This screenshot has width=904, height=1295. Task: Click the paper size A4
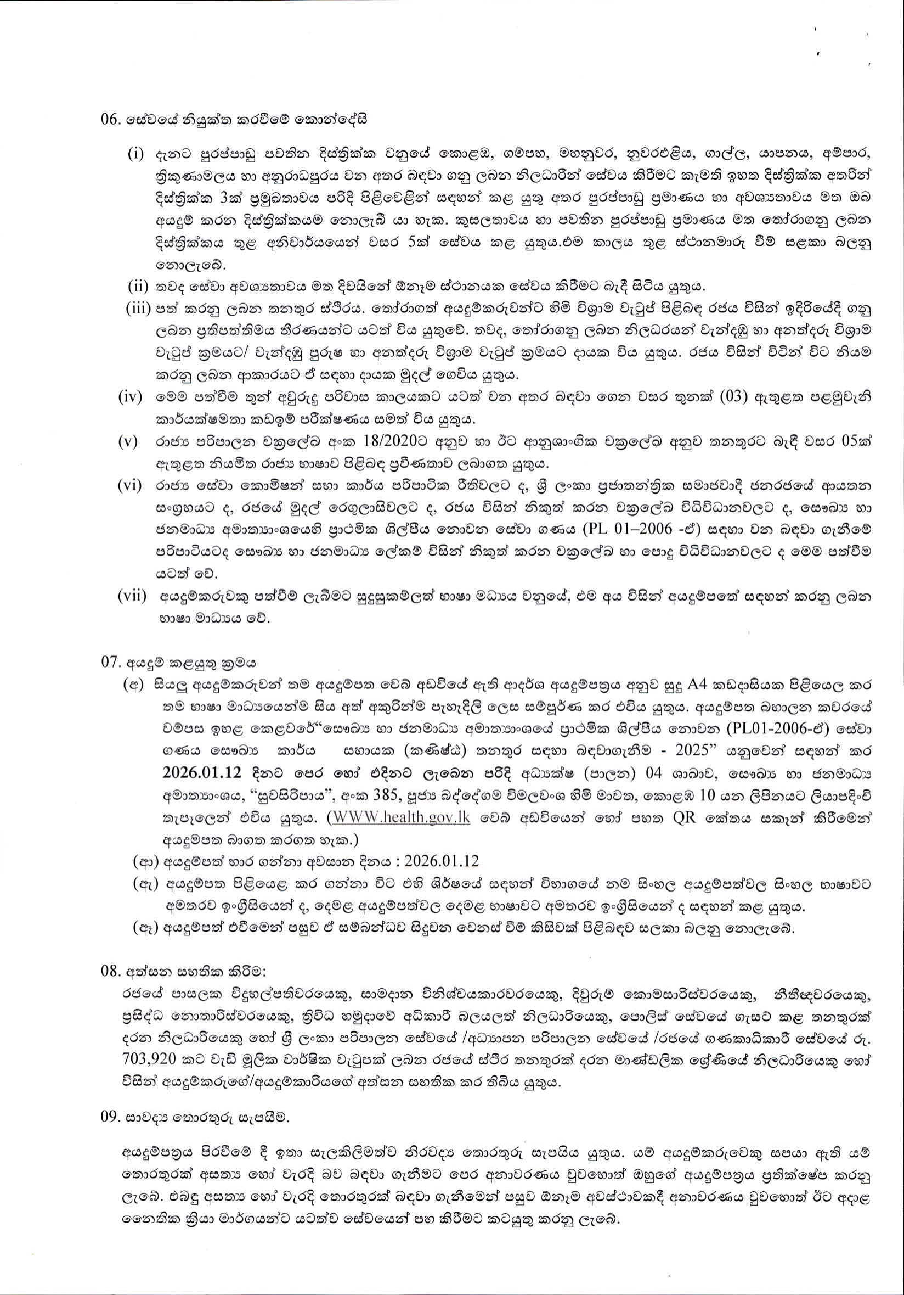(x=699, y=685)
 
